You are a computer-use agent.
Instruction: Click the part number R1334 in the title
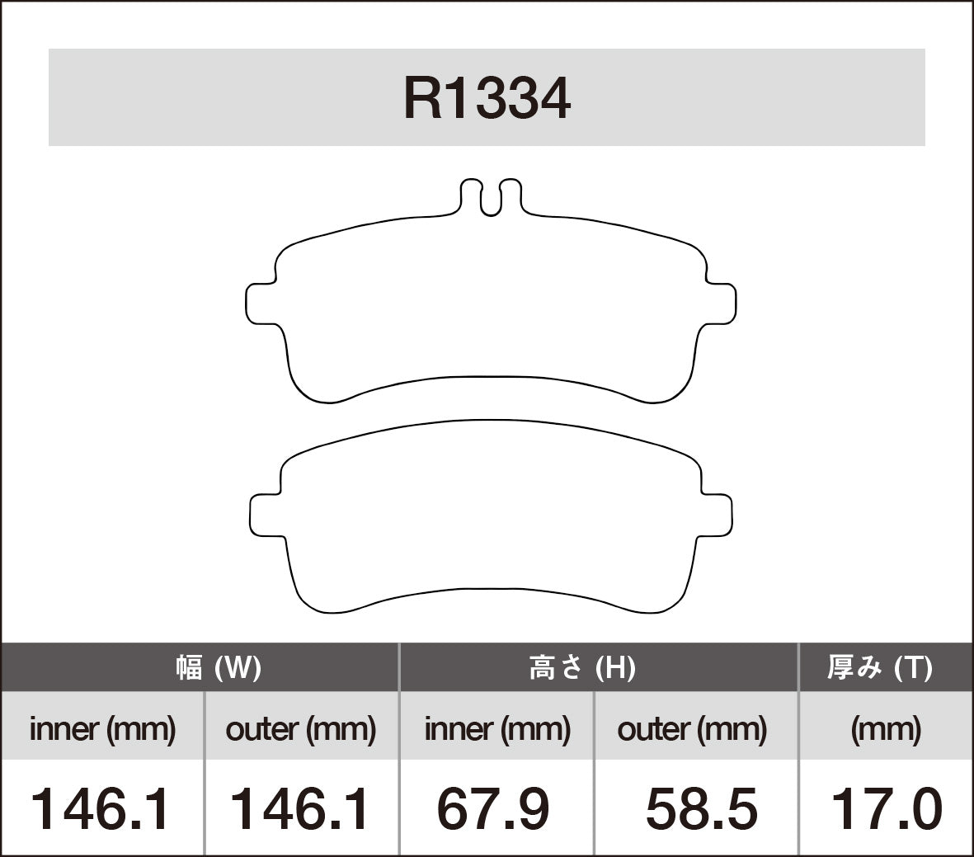487,99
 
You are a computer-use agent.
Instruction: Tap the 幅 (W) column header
219,666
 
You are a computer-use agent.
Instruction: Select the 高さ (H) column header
581,666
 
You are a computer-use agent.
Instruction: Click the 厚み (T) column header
879,666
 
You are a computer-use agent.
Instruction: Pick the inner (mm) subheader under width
102,728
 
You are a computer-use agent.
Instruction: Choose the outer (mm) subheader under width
300,728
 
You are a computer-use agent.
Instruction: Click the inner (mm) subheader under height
496,728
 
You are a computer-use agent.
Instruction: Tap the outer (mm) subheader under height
691,728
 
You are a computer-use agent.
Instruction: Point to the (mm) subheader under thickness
885,728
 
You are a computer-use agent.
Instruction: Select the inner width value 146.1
101,808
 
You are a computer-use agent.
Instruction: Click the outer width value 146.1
299,808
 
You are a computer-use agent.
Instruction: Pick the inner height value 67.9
492,808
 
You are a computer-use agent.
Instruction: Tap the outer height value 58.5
701,808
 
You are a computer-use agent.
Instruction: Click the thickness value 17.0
886,808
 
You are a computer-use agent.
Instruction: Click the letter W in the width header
238,666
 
